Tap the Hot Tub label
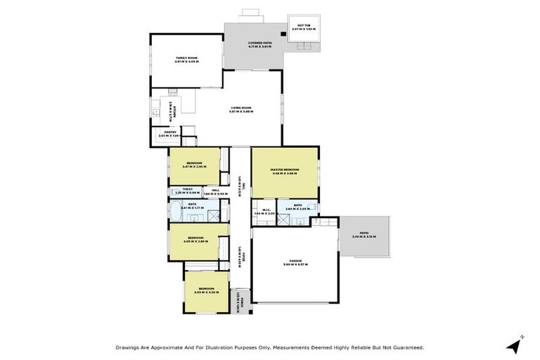click(x=304, y=27)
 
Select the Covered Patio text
click(x=259, y=44)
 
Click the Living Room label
click(x=241, y=109)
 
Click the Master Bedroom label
click(x=285, y=171)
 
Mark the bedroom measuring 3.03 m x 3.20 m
click(x=205, y=290)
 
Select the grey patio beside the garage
click(x=364, y=236)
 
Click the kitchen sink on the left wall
click(x=156, y=110)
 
